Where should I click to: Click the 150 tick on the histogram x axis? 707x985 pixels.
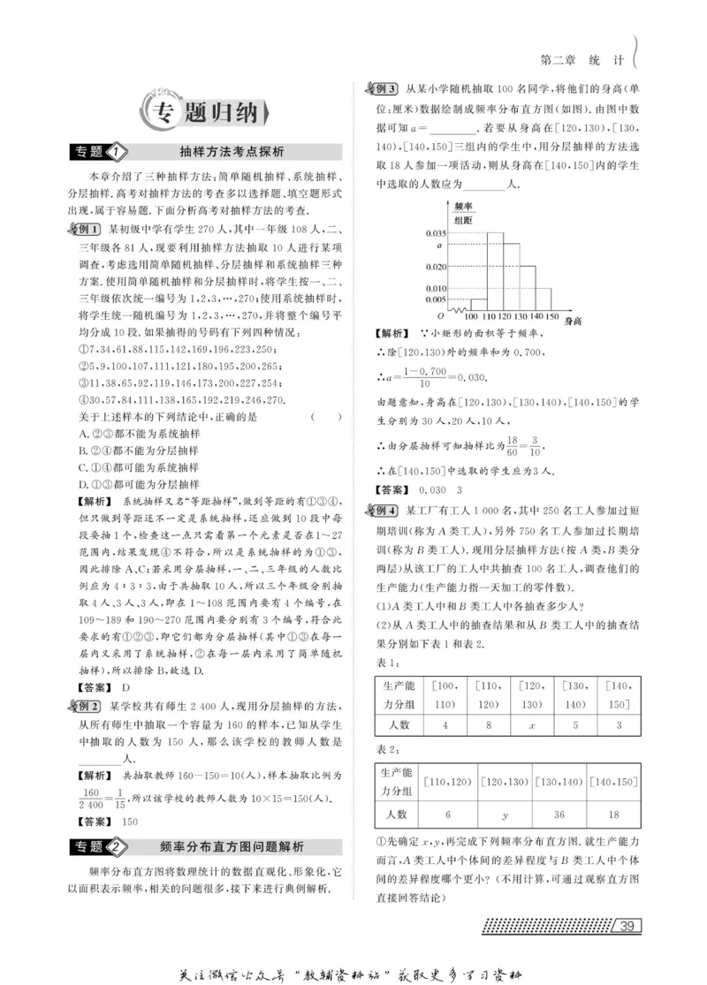(553, 317)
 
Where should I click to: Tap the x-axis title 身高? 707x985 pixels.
(574, 320)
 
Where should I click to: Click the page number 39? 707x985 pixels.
(627, 925)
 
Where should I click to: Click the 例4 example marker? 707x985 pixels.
(385, 511)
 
